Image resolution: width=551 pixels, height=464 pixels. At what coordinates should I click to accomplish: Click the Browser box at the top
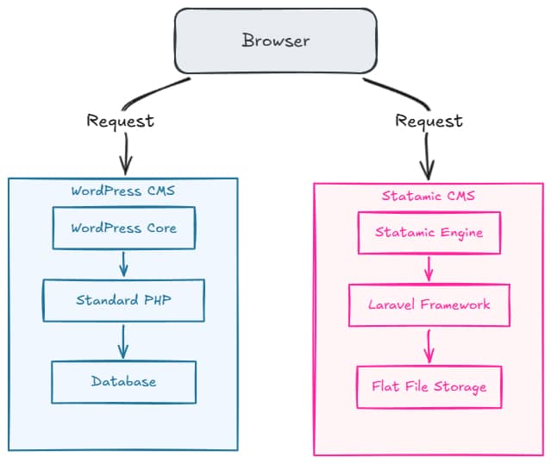[275, 41]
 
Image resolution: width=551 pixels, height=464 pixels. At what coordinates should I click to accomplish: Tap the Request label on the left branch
[120, 121]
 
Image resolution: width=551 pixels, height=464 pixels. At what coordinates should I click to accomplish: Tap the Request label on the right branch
[429, 121]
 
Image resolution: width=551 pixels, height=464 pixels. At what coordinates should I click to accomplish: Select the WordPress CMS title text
[122, 191]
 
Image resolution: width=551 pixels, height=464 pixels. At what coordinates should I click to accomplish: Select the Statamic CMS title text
[428, 196]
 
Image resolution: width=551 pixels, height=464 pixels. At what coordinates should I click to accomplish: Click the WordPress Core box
[123, 229]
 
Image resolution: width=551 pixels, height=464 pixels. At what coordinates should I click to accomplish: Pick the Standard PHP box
[123, 300]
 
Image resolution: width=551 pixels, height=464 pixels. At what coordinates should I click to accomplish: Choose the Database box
[123, 381]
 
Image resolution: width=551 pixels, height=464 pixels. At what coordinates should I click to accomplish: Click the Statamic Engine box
[429, 233]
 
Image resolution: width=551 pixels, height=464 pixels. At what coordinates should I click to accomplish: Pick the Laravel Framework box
[429, 304]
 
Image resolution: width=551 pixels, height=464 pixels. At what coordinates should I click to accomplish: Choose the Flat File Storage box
[429, 386]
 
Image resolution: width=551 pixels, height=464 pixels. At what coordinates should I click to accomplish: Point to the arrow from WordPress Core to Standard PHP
[123, 264]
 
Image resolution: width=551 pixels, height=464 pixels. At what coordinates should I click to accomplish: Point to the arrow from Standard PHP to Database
[123, 341]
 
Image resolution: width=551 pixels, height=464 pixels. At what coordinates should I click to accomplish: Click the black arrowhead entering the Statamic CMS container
[428, 169]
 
